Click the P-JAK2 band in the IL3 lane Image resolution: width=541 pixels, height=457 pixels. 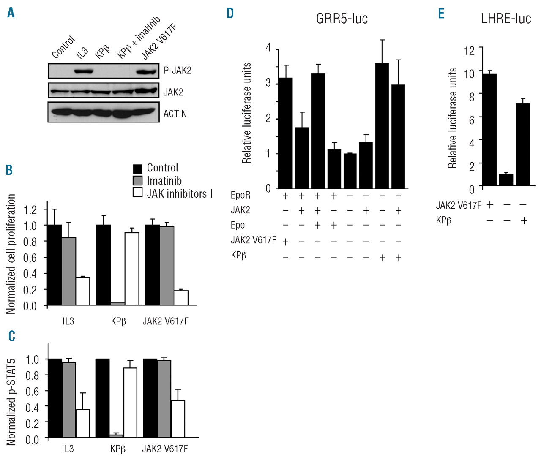coord(84,71)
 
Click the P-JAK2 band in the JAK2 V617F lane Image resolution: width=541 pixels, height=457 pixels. coord(146,71)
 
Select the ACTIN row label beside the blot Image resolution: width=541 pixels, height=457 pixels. coord(175,114)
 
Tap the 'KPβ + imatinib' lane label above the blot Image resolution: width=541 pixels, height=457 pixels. coord(138,38)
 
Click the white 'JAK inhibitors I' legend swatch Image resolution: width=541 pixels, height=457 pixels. coord(138,193)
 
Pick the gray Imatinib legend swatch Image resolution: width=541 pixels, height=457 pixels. coord(138,181)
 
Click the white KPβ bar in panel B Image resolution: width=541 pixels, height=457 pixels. coord(132,269)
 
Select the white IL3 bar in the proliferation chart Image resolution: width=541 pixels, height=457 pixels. coord(83,291)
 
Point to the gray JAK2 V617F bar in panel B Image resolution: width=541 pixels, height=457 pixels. coord(167,265)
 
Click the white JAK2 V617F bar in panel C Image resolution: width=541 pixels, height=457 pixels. coord(178,419)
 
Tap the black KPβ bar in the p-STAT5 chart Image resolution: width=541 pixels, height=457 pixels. coord(103,398)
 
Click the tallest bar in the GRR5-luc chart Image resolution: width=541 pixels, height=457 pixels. coord(382,125)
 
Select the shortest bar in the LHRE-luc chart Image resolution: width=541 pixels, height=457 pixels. coord(506,180)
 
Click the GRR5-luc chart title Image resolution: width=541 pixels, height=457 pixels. coord(342,19)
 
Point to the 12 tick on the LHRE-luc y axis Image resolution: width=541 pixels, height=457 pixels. coord(470,51)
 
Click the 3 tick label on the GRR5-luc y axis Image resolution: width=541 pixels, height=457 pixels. coord(268,83)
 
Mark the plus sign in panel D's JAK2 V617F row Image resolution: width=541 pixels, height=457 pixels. coord(285,242)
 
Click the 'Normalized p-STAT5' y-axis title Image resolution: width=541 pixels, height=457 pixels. coord(11,401)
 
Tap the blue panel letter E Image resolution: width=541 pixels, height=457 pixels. coord(441,14)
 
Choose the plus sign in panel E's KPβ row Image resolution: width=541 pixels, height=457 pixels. coord(524,220)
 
